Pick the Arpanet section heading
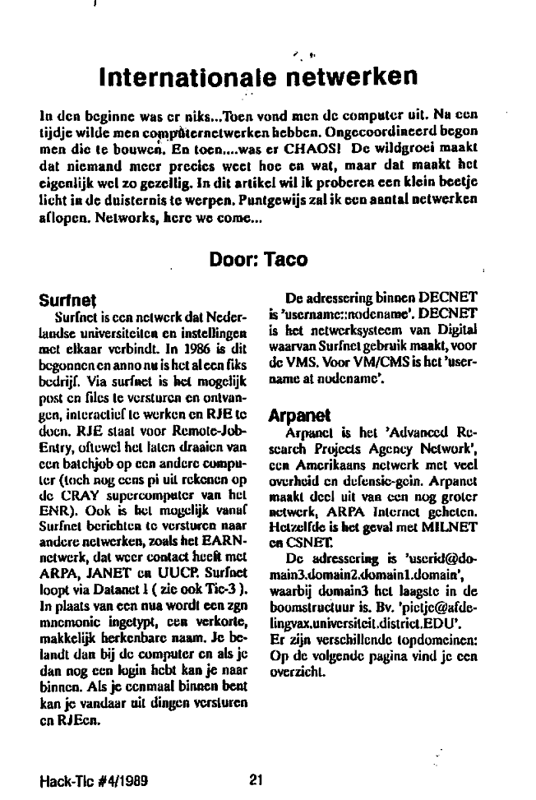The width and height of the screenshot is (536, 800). tap(297, 416)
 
